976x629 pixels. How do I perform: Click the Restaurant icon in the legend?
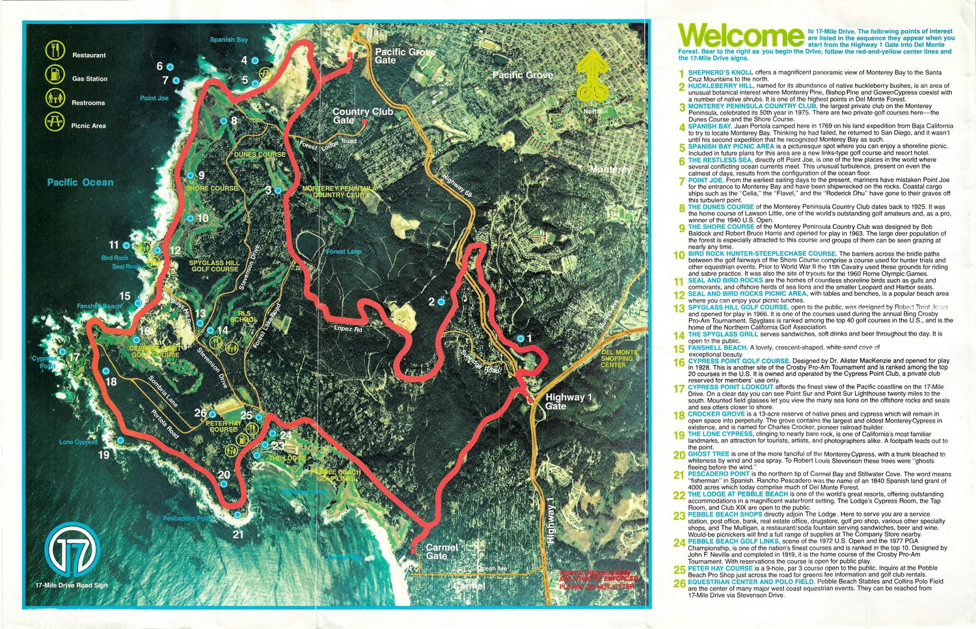pos(55,50)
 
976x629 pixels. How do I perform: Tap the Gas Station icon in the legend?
pos(55,74)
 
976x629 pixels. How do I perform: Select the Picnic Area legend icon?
pos(55,122)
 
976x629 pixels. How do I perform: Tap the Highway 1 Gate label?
pos(565,401)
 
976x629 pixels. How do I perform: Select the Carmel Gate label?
pos(442,552)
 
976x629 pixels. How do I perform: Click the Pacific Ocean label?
pos(80,182)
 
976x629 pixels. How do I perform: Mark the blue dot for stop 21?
pos(237,515)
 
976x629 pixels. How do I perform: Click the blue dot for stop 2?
pos(441,302)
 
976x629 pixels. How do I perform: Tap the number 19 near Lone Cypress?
pos(103,455)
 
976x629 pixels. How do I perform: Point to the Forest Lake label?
pos(344,252)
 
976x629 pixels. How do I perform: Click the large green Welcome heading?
pos(740,37)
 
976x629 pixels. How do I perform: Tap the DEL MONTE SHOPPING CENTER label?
pos(616,358)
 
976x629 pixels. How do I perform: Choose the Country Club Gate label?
pos(362,116)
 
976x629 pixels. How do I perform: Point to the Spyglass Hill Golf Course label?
pos(215,266)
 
